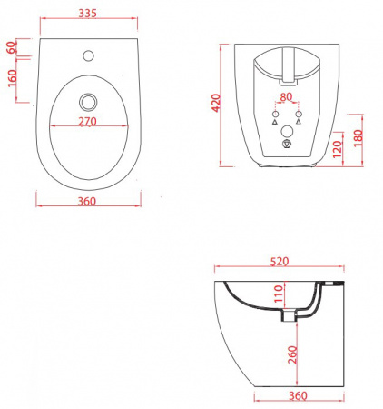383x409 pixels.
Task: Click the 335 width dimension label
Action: click(87, 13)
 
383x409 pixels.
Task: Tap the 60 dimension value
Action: click(12, 47)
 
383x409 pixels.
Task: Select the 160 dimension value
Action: click(12, 78)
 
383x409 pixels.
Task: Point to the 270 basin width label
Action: click(87, 121)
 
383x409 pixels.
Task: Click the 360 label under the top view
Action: click(87, 201)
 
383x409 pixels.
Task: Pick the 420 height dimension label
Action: click(216, 103)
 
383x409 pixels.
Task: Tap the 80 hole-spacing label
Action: click(286, 97)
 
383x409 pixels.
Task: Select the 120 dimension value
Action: click(338, 149)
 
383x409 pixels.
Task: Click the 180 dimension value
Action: click(358, 138)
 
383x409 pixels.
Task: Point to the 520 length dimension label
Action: click(280, 262)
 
